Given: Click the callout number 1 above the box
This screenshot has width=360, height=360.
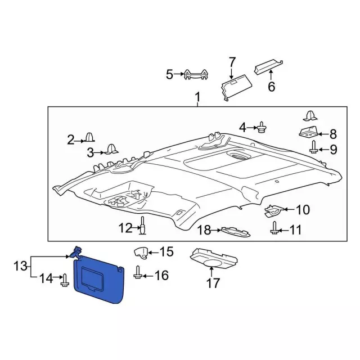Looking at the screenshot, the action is pyautogui.click(x=197, y=97).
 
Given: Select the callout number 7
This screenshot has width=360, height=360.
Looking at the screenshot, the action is pyautogui.click(x=232, y=62).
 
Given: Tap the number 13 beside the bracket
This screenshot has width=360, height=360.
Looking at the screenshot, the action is pyautogui.click(x=20, y=266).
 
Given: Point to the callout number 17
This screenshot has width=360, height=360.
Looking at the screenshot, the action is pyautogui.click(x=213, y=283).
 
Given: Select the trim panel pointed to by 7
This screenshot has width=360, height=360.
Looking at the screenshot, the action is pyautogui.click(x=236, y=87).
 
